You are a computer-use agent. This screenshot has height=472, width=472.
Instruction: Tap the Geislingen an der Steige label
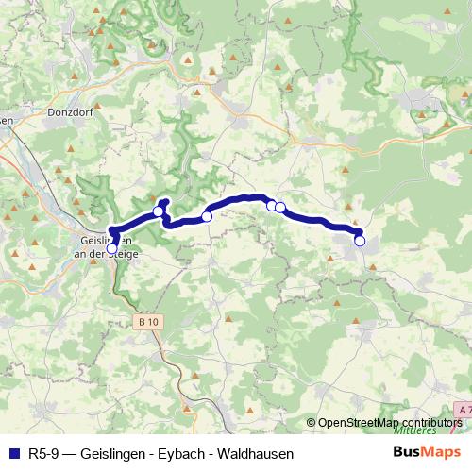pos(105,246)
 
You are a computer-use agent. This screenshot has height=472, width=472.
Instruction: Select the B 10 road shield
pos(148,322)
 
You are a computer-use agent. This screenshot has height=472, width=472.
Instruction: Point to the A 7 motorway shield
pos(464,410)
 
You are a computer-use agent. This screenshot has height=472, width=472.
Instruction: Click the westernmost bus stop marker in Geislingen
pos(113,248)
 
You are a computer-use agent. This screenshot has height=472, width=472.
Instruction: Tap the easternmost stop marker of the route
pos(360,241)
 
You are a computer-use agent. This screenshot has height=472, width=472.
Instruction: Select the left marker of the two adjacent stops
pos(271,206)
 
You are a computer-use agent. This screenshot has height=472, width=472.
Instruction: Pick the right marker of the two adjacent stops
pos(280,208)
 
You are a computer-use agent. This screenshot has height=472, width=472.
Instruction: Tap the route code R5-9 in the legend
pos(42,453)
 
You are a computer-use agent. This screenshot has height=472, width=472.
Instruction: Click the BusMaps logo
pos(426,452)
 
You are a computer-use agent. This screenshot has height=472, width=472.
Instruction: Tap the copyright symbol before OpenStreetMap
pos(312,423)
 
